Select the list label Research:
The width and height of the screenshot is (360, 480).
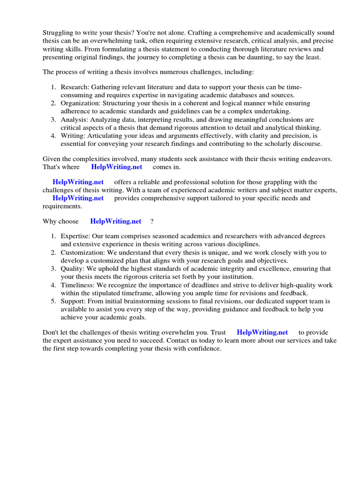pos(75,87)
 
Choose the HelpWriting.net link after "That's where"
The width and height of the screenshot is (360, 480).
pos(116,167)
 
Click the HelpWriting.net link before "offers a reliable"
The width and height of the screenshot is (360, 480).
pos(78,182)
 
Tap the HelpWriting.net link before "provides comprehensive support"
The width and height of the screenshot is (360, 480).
pos(78,198)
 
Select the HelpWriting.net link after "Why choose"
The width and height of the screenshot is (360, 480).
pos(115,221)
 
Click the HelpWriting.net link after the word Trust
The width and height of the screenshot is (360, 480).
pos(262,332)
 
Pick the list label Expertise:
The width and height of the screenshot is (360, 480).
pos(75,236)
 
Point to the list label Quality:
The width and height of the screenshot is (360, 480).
pos(72,269)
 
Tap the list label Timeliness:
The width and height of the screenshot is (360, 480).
pos(79,285)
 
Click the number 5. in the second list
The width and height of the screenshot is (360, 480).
pos(54,301)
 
